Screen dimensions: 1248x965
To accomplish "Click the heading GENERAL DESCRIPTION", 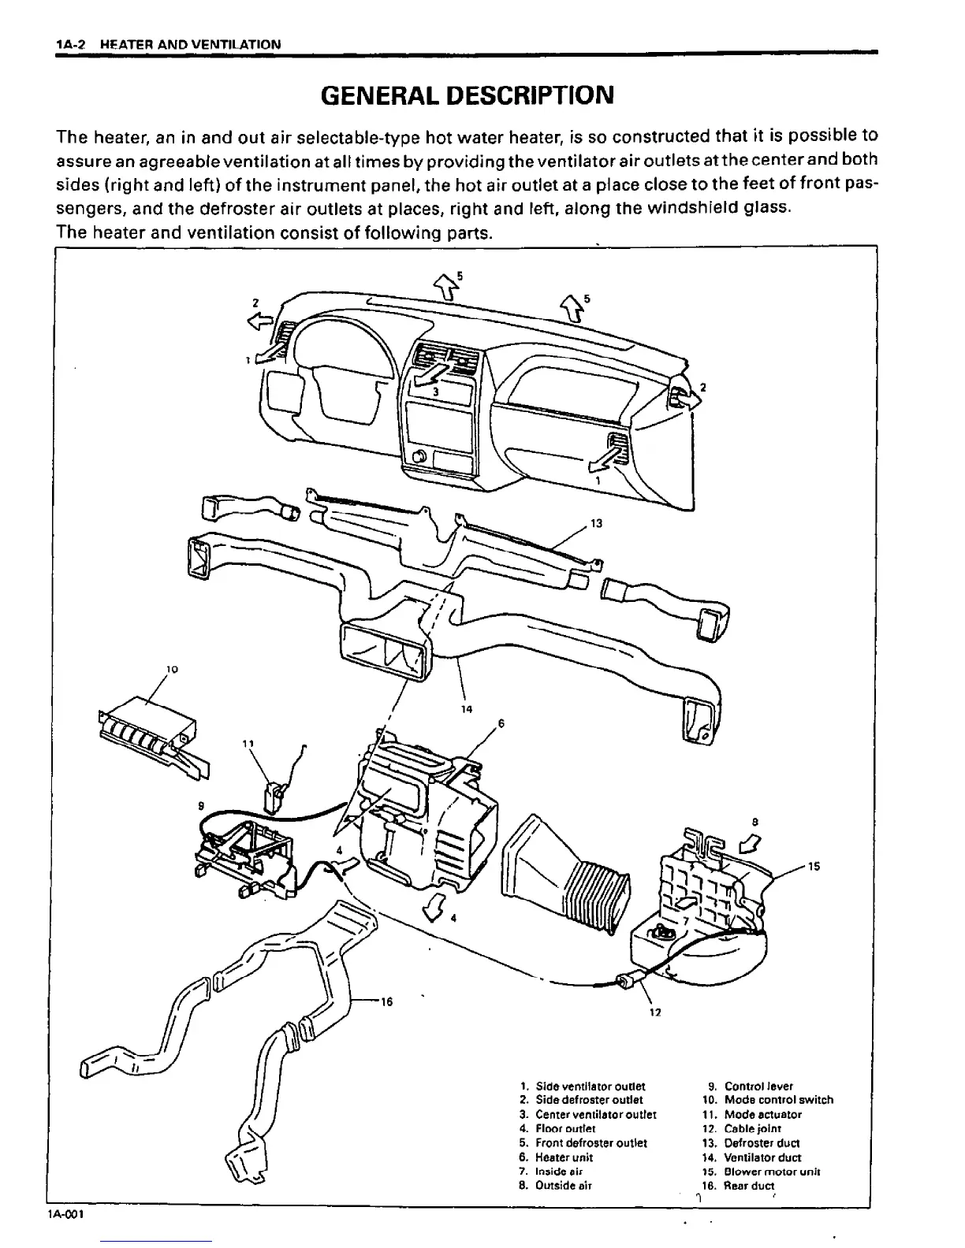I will pyautogui.click(x=467, y=95).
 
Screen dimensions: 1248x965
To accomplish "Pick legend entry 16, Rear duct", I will pyautogui.click(x=737, y=1186).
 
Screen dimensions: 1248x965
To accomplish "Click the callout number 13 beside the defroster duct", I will pyautogui.click(x=596, y=524).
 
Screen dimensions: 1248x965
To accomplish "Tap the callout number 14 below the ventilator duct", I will pyautogui.click(x=466, y=709).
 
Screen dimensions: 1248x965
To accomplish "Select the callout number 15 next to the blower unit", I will pyautogui.click(x=814, y=867).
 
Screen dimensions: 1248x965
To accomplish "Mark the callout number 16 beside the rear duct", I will pyautogui.click(x=386, y=1002).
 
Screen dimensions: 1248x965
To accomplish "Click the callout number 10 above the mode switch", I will pyautogui.click(x=172, y=670).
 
